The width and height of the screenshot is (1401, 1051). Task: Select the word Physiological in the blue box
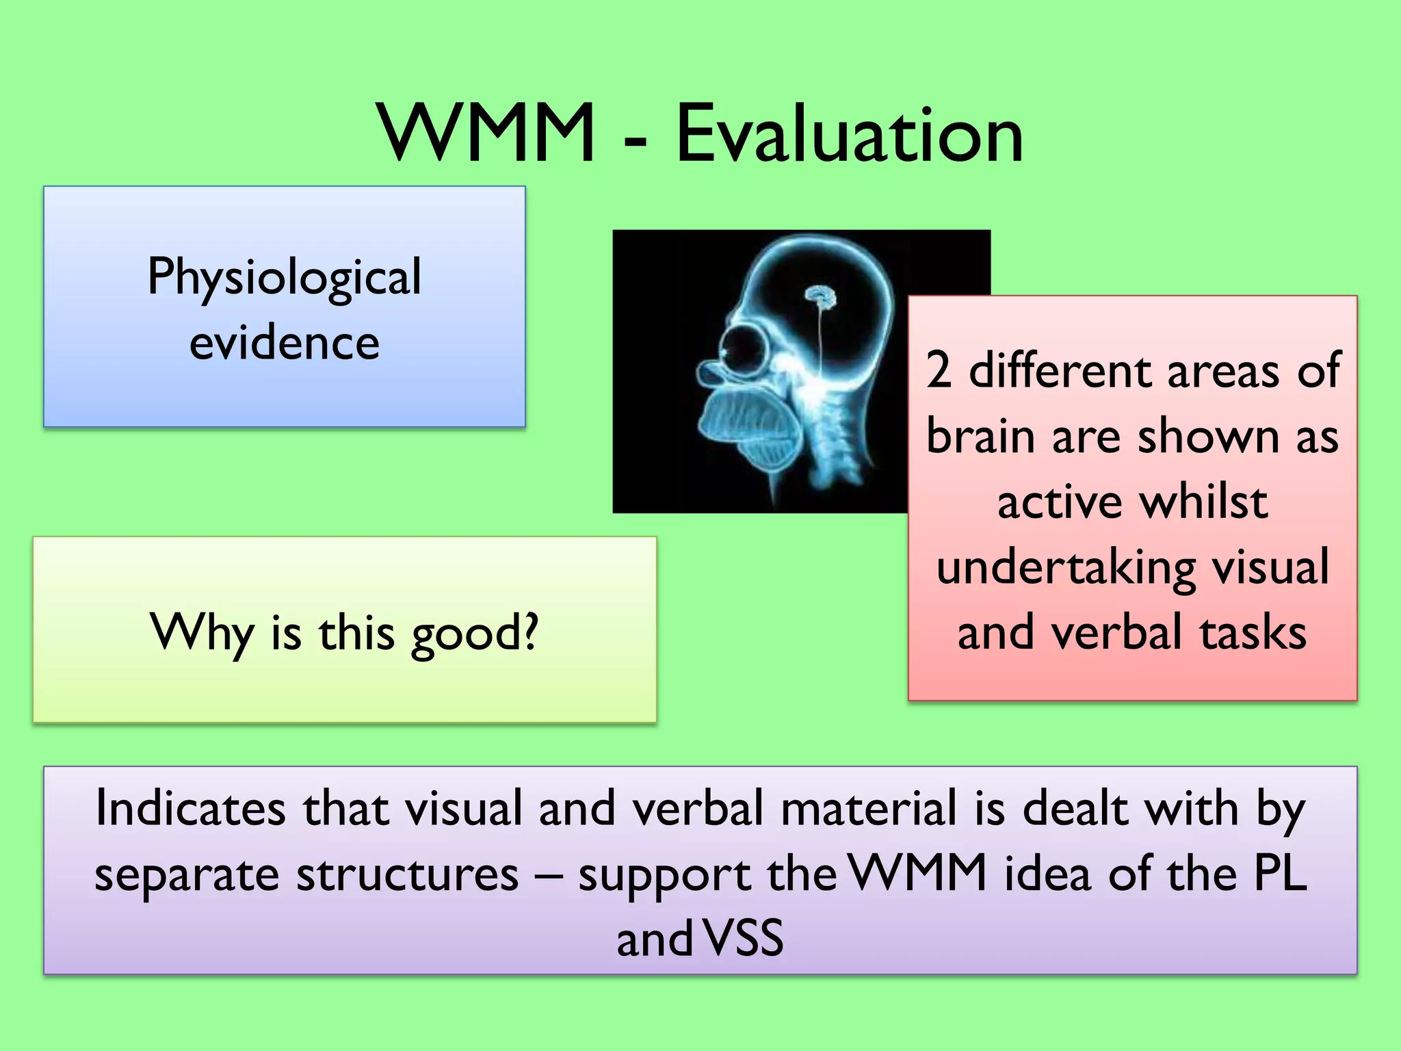[x=284, y=277]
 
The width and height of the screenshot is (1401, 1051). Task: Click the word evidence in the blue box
[x=284, y=342]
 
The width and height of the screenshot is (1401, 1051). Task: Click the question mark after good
[x=529, y=631]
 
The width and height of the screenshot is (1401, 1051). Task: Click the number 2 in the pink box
[x=939, y=370]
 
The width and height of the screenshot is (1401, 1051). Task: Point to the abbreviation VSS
[x=743, y=938]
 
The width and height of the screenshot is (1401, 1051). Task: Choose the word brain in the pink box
[x=980, y=436]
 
